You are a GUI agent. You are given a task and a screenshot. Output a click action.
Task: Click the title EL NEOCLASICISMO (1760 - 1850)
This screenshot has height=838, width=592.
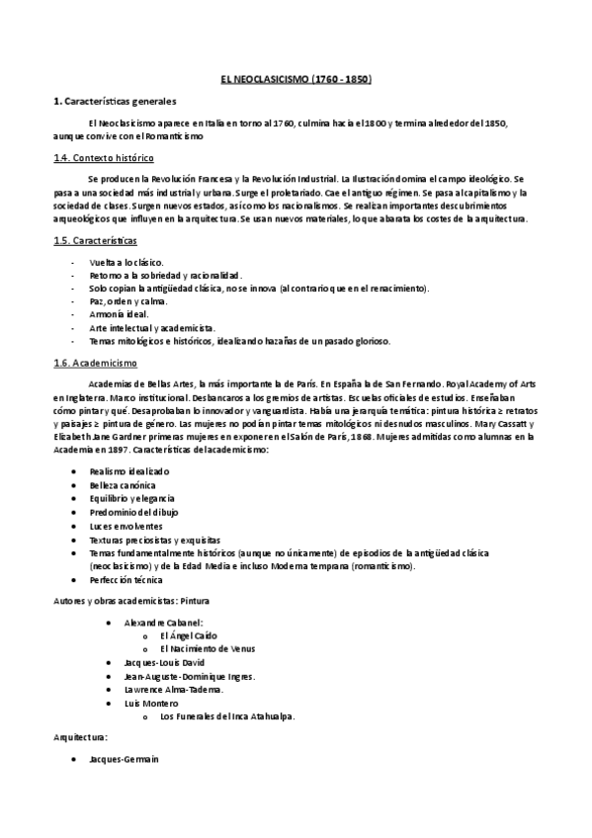tap(296, 78)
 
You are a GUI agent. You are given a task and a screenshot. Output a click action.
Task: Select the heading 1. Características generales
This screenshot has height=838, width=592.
tap(115, 102)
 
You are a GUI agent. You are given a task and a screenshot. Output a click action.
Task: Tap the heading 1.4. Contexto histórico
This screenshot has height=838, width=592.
tap(103, 158)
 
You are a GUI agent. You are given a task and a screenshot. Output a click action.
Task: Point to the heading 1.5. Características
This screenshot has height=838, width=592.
tap(95, 240)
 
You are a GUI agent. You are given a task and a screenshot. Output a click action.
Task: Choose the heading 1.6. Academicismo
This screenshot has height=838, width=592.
tap(95, 363)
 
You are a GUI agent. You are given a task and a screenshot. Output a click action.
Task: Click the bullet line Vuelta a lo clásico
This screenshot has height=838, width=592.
tap(127, 262)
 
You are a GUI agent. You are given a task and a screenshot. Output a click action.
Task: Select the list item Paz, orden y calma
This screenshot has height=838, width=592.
tap(128, 301)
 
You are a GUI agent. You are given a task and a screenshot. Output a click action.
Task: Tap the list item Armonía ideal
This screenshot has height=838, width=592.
tap(119, 314)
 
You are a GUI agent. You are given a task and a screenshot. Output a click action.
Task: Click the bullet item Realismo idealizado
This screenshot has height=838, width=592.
tap(129, 473)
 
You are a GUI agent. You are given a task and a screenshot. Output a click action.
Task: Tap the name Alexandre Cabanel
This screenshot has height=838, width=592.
tap(164, 623)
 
